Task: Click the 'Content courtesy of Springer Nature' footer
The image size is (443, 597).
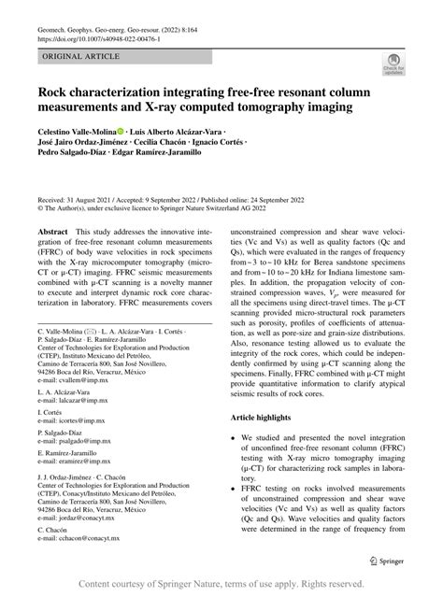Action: click(221, 584)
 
